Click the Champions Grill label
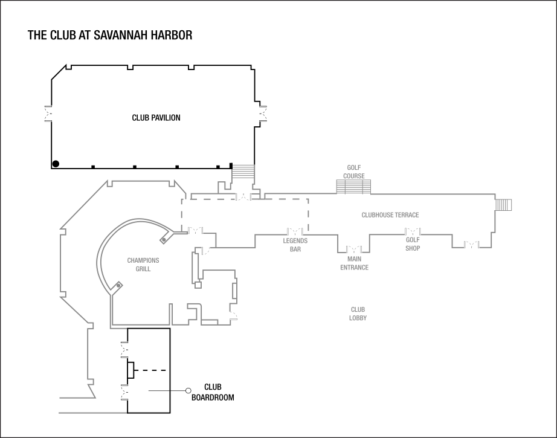pyautogui.click(x=143, y=265)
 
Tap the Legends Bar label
pyautogui.click(x=295, y=245)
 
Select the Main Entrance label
pyautogui.click(x=354, y=263)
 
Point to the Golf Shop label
pyautogui.click(x=413, y=244)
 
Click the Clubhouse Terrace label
pyautogui.click(x=390, y=215)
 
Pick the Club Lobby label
pyautogui.click(x=358, y=314)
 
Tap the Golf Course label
pyautogui.click(x=354, y=172)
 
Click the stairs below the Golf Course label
pyautogui.click(x=353, y=187)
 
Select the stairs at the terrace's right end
pyautogui.click(x=504, y=205)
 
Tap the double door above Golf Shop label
pyautogui.click(x=413, y=231)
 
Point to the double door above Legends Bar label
pyautogui.click(x=295, y=231)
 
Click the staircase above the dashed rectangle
pyautogui.click(x=243, y=172)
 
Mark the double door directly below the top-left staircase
pyautogui.click(x=243, y=196)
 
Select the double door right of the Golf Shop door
pyautogui.click(x=471, y=244)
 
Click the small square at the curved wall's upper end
pyautogui.click(x=163, y=240)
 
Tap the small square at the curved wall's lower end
pyautogui.click(x=119, y=285)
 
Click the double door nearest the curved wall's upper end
pyautogui.click(x=195, y=231)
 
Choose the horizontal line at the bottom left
pyautogui.click(x=92, y=413)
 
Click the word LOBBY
pyautogui.click(x=358, y=318)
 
